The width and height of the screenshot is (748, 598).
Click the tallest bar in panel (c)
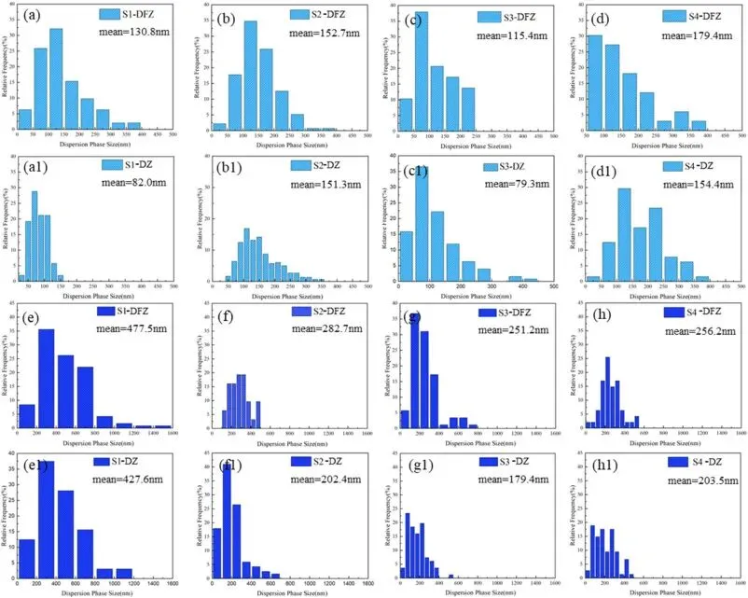(x=422, y=71)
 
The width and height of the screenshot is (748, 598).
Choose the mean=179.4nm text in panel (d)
(x=694, y=35)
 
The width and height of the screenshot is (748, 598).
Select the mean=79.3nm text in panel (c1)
(x=517, y=184)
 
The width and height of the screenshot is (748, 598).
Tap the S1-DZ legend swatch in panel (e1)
(x=101, y=460)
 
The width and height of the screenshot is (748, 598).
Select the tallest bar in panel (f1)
(x=227, y=519)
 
